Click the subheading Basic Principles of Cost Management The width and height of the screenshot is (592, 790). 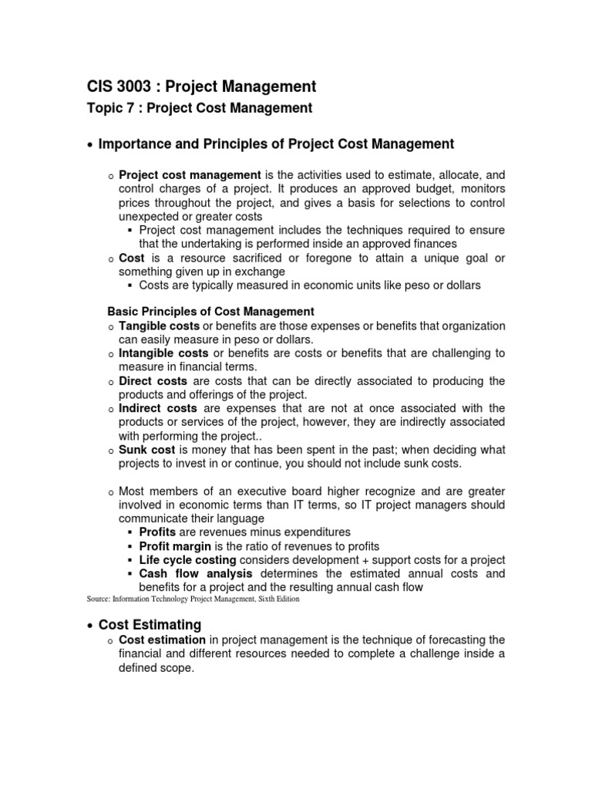(210, 312)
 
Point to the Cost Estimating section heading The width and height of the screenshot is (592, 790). (150, 625)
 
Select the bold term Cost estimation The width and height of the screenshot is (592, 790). (162, 640)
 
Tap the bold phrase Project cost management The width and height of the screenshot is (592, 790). (190, 176)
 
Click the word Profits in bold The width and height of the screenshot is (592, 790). (157, 532)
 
